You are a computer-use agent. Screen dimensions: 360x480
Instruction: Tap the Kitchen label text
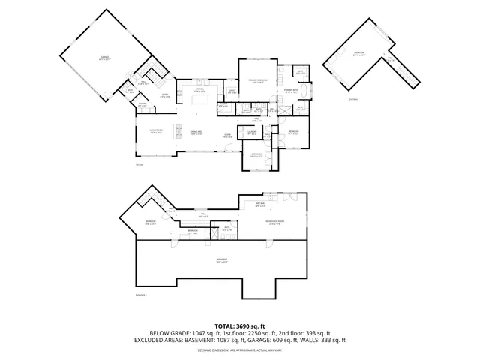point(200,89)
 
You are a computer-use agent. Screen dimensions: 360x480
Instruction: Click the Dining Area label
point(196,132)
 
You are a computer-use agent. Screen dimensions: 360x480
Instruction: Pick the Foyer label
point(226,136)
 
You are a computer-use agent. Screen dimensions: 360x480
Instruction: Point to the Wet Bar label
point(260,204)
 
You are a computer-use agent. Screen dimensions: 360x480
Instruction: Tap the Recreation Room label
point(276,222)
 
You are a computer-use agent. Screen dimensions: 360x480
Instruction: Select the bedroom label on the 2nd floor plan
point(360,52)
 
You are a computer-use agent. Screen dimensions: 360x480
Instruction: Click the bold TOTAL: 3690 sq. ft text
point(239,326)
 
